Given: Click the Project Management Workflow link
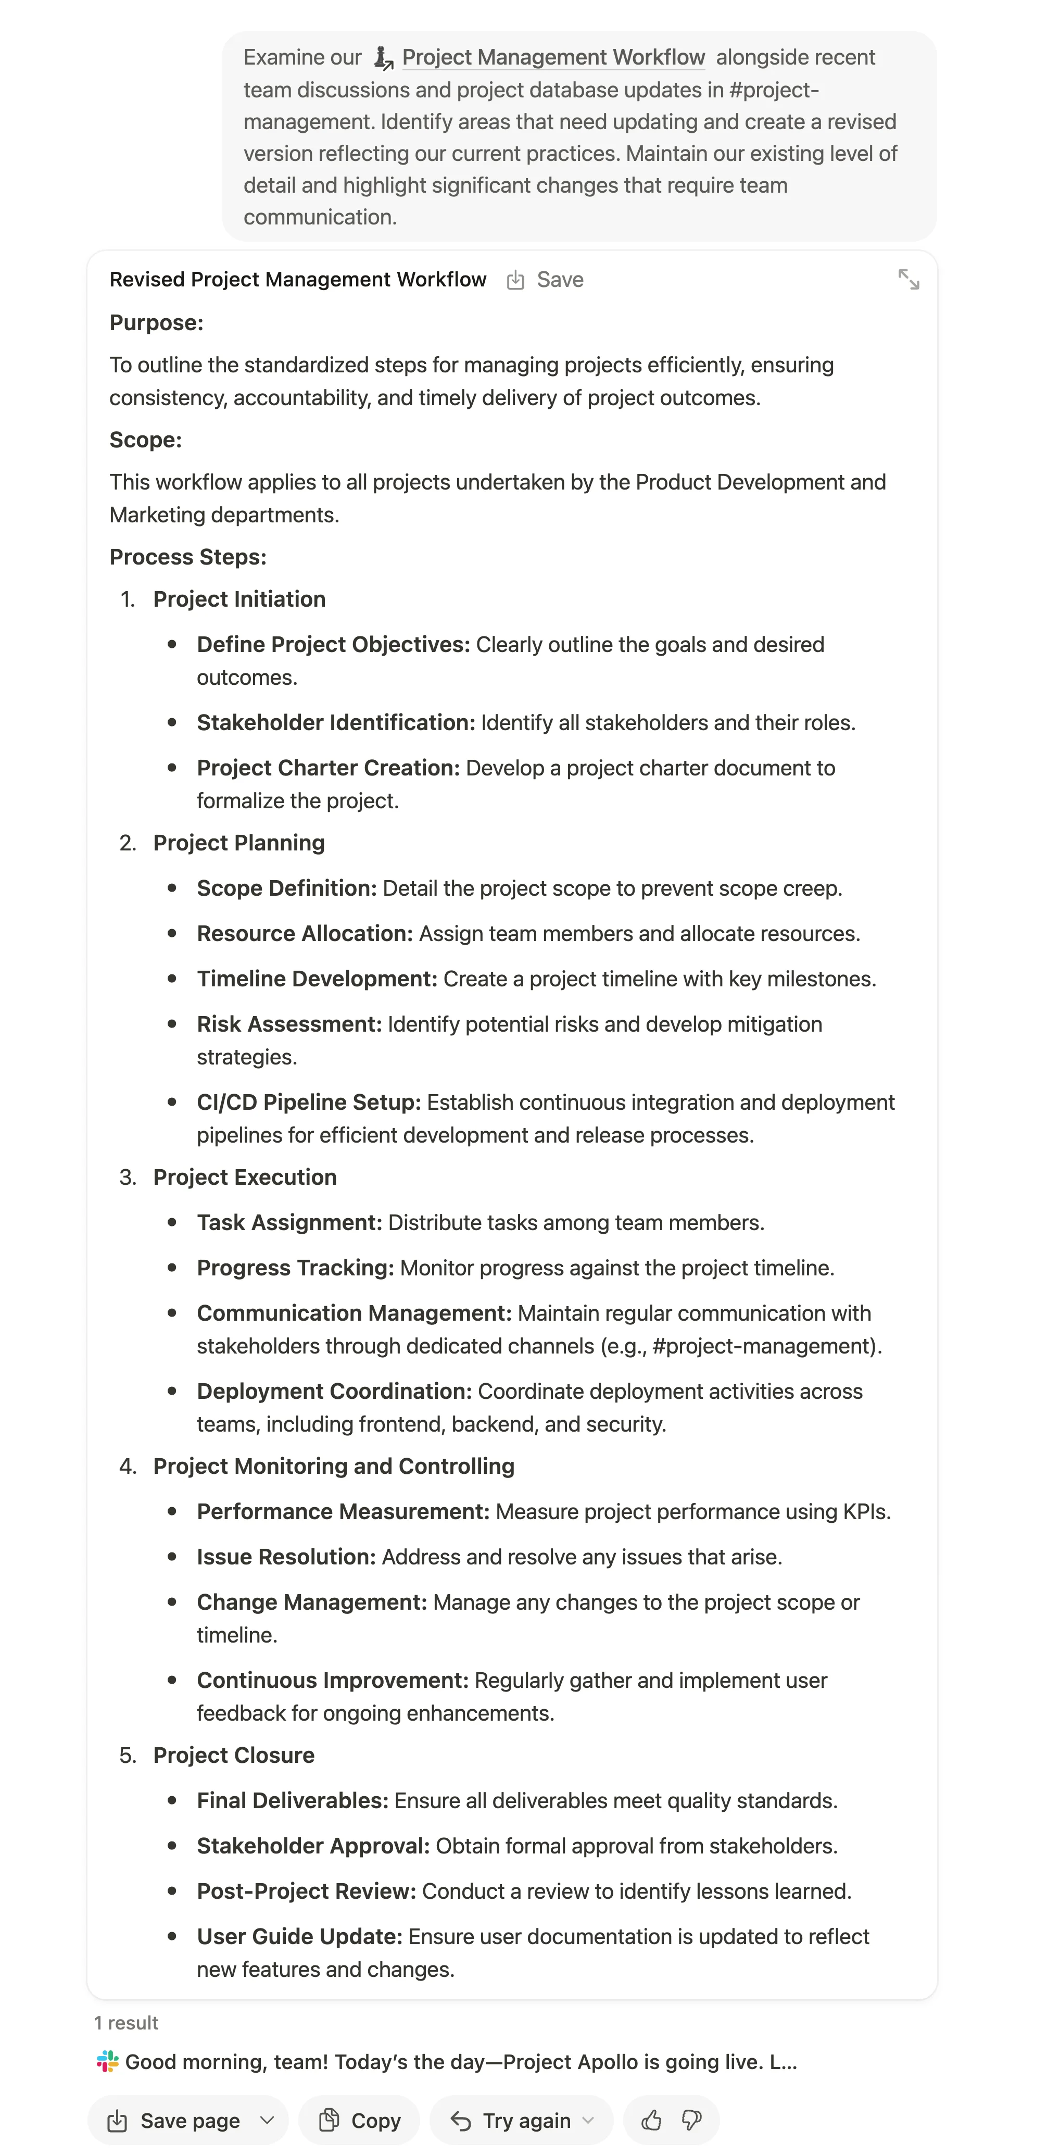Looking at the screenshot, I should [x=552, y=58].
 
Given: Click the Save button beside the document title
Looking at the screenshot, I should [x=546, y=280].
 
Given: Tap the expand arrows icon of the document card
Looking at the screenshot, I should [x=908, y=280].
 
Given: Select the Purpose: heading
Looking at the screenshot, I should [x=156, y=323].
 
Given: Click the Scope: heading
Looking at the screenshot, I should [x=146, y=440].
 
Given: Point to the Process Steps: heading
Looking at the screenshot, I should [x=188, y=557].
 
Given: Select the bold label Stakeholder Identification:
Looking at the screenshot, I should [x=335, y=723].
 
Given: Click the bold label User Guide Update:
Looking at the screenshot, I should [x=299, y=1937].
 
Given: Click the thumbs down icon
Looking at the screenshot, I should [x=692, y=2121].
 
